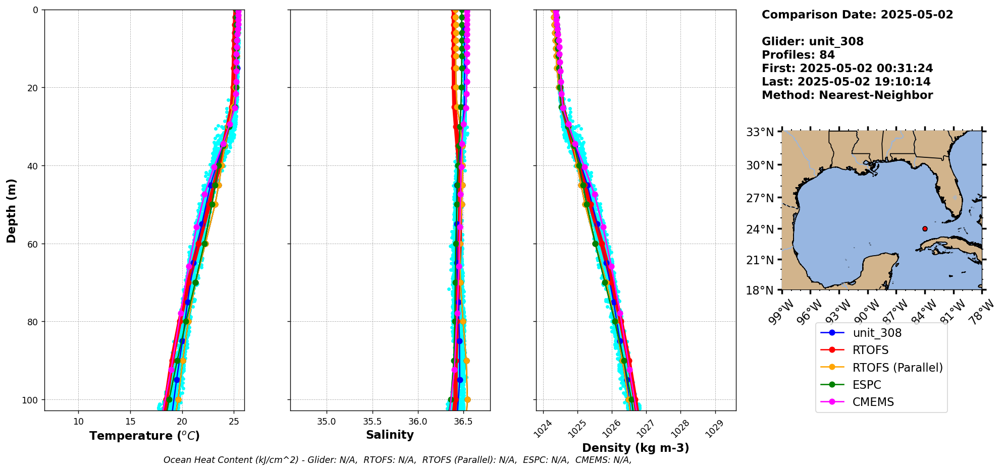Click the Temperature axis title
pos(144,436)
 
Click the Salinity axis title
pos(390,435)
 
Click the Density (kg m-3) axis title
pos(636,448)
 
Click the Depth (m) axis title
pos(11,210)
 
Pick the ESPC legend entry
pos(866,385)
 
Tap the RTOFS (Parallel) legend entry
pos(897,368)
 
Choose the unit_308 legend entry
pos(877,333)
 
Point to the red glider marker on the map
pos(925,228)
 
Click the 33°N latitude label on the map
pos(760,132)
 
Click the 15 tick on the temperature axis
pos(130,421)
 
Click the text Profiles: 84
pos(798,55)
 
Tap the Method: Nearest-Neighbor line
pos(847,95)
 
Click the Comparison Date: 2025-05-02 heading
pos(857,15)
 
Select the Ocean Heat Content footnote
pos(397,460)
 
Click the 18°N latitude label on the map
pos(760,290)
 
